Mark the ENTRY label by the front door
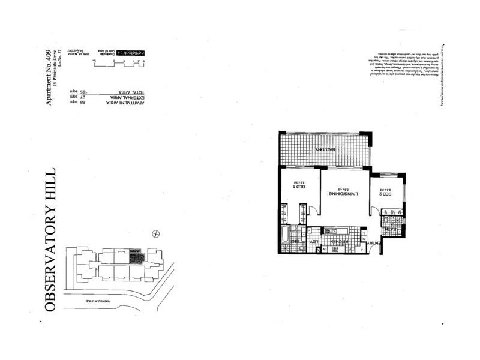point(371,242)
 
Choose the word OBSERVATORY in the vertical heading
point(52,261)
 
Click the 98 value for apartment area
point(74,103)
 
